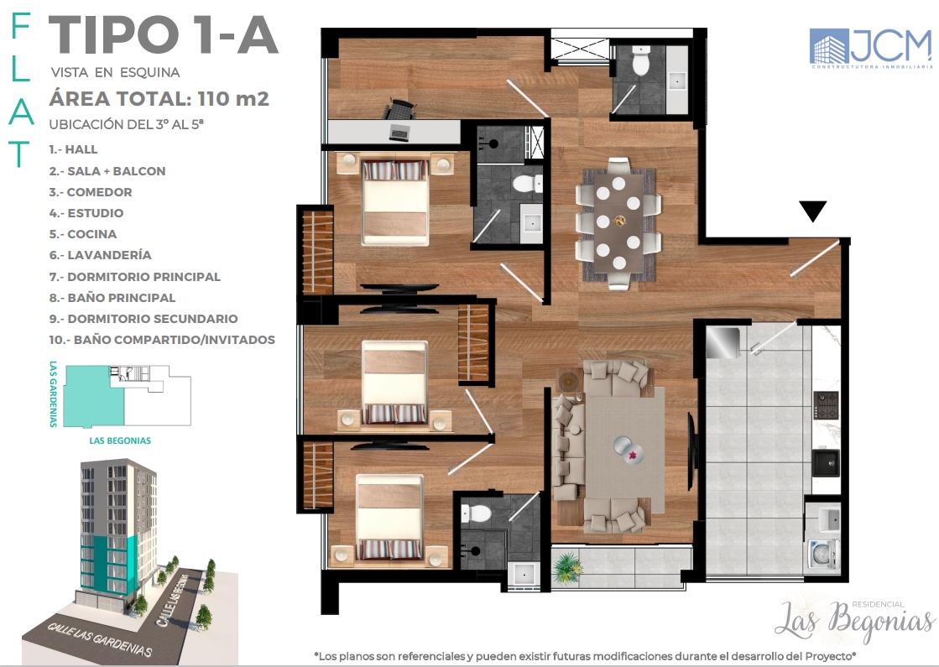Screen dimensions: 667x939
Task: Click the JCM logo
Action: pyautogui.click(x=870, y=47)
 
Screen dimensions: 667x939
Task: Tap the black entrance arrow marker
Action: pyautogui.click(x=812, y=211)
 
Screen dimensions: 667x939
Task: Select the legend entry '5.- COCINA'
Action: pyautogui.click(x=83, y=234)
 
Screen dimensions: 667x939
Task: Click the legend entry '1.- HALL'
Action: pyautogui.click(x=73, y=149)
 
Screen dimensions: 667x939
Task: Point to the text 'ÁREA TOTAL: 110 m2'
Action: pyautogui.click(x=159, y=99)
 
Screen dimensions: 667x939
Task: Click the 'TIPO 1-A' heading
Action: pyautogui.click(x=164, y=37)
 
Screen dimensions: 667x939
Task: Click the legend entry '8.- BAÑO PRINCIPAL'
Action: pyautogui.click(x=112, y=298)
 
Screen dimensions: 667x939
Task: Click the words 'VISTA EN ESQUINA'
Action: pyautogui.click(x=115, y=72)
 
